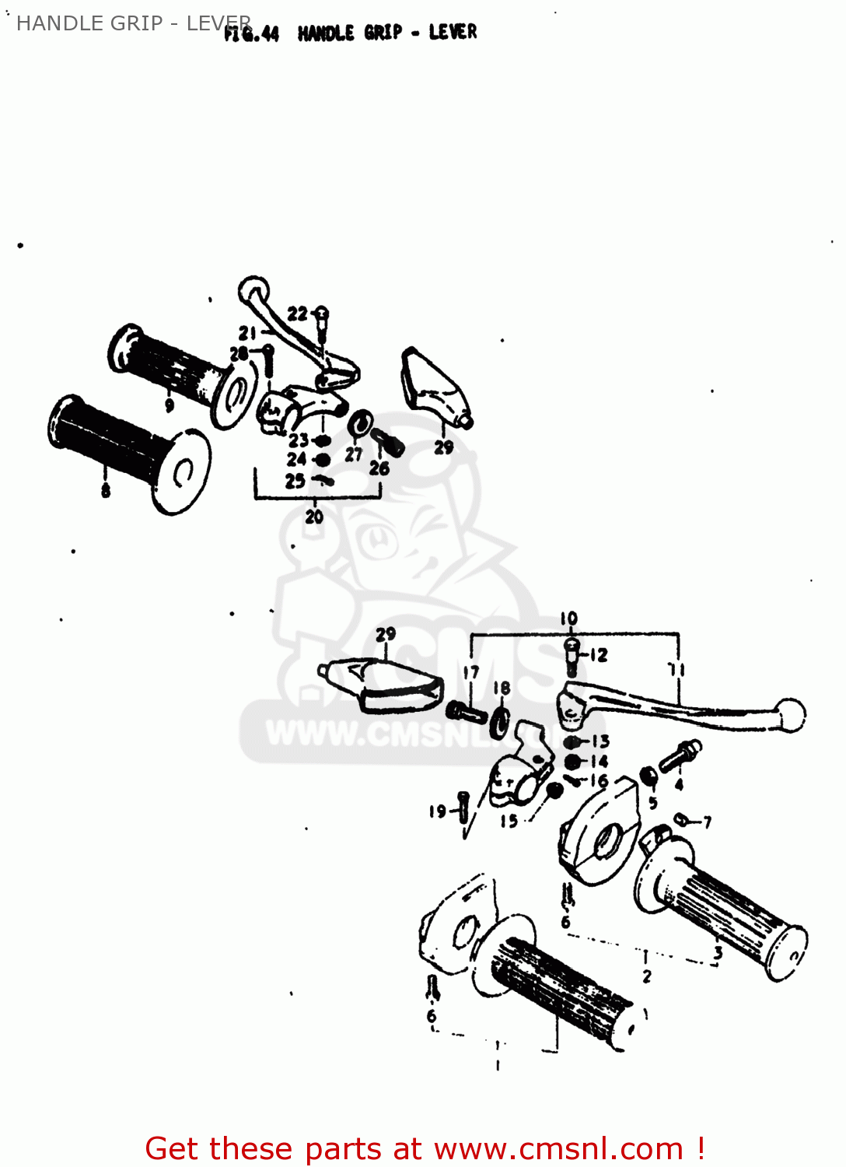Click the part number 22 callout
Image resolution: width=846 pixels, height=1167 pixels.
297,314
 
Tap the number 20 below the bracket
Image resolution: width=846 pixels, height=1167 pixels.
314,517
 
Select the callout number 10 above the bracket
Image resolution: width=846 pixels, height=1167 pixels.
569,619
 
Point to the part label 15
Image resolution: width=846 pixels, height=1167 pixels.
509,821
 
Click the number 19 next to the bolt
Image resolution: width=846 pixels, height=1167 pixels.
438,811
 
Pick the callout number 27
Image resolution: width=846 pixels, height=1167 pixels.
354,455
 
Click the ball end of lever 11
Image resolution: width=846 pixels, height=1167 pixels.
792,714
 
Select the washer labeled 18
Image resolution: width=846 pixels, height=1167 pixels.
500,723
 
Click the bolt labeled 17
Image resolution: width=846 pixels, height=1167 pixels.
466,710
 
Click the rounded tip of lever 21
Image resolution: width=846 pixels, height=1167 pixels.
253,290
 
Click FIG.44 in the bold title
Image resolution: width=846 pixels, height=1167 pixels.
251,33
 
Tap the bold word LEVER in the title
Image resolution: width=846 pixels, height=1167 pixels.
453,32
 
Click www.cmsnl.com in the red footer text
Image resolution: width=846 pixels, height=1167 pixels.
558,1148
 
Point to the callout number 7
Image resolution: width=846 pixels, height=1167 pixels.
707,822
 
